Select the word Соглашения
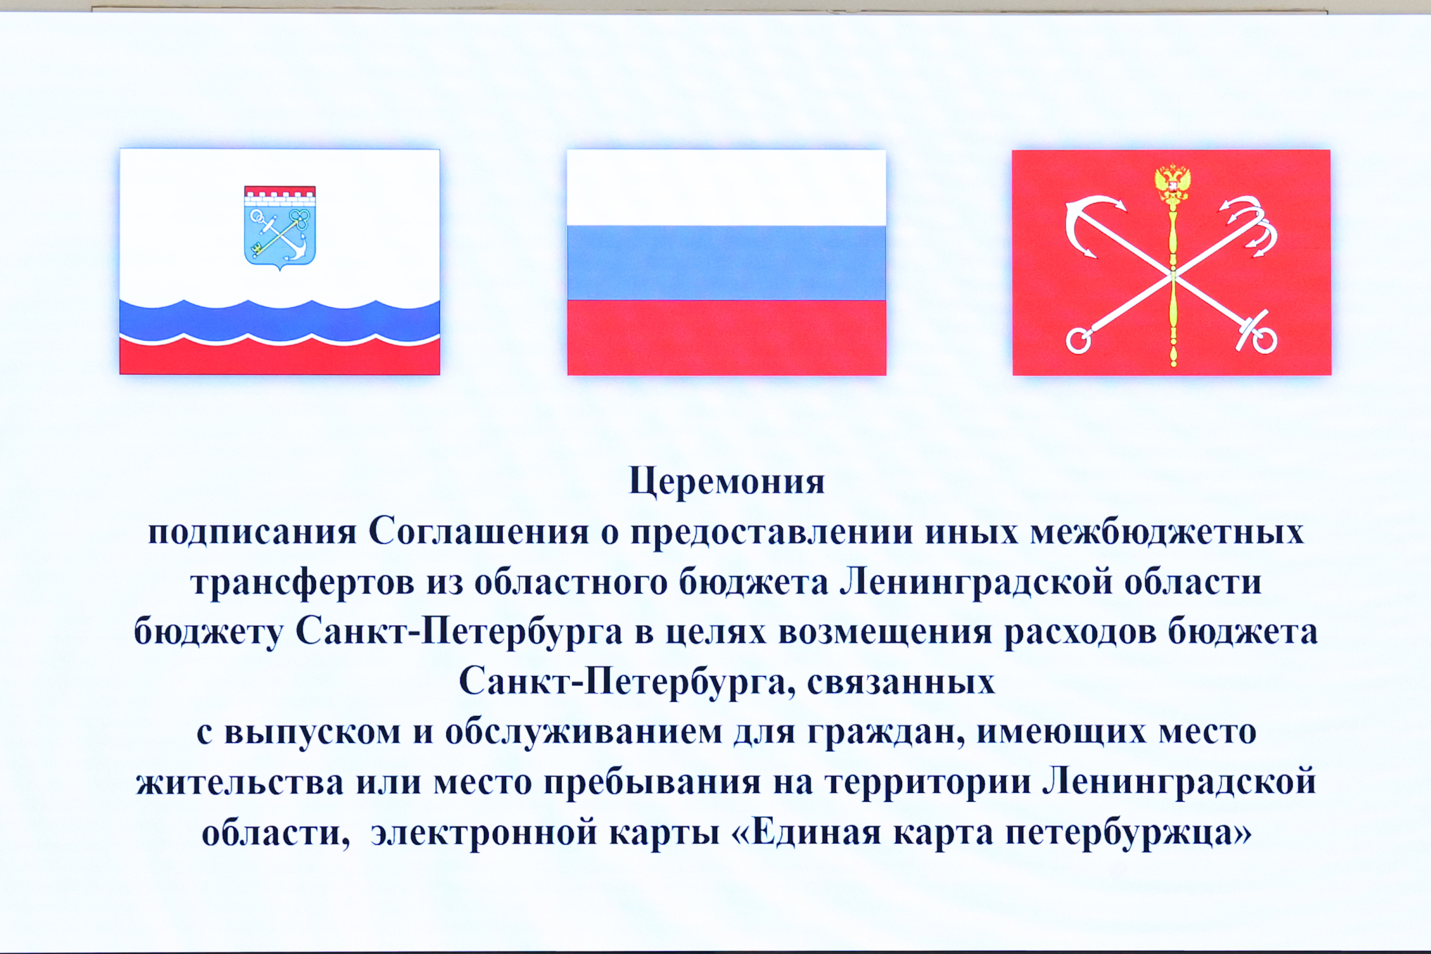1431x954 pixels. (x=479, y=532)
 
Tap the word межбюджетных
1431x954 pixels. (x=1167, y=532)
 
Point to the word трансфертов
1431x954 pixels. (x=303, y=583)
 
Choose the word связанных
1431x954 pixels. (x=901, y=683)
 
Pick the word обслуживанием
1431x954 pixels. (x=584, y=732)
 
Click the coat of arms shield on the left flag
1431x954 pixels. (x=280, y=227)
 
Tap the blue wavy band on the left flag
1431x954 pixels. (x=280, y=321)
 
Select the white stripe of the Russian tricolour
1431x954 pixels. (x=727, y=188)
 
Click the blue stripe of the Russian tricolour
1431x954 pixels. (x=727, y=263)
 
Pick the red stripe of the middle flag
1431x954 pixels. (x=727, y=338)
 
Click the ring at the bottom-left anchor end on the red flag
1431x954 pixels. (x=1078, y=341)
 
